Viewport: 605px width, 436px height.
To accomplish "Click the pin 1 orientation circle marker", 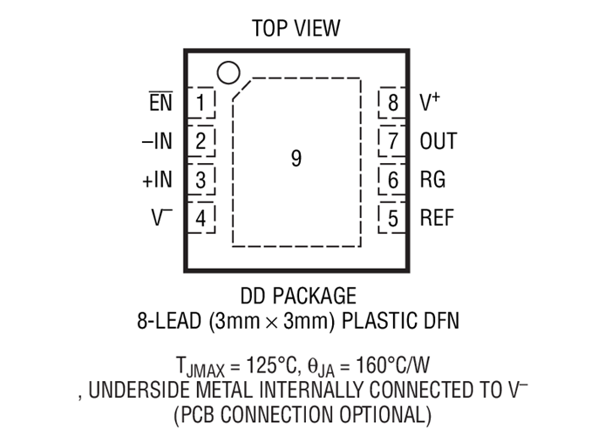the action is tap(228, 72).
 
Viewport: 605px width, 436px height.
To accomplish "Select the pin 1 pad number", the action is tap(201, 103).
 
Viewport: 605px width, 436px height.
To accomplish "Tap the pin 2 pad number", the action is tap(201, 141).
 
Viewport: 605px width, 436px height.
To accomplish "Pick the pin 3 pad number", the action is tap(201, 180).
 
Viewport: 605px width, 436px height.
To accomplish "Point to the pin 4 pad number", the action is tap(201, 218).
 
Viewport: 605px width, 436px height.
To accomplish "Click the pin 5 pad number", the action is tap(393, 218).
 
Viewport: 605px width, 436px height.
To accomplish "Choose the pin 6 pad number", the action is tap(393, 180).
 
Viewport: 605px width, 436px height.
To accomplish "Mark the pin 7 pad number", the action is tap(393, 141).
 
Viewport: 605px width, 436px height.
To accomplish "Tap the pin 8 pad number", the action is tap(393, 103).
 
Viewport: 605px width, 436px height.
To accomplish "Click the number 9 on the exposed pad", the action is tap(296, 158).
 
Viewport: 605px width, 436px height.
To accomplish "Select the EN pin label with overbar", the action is tap(161, 101).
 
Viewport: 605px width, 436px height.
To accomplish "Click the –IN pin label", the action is tap(157, 141).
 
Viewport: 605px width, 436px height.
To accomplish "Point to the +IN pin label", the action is tap(158, 180).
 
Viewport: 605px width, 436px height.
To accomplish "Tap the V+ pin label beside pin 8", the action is tap(430, 102).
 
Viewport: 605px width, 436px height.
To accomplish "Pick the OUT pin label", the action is tap(438, 141).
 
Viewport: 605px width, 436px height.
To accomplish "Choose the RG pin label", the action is tap(432, 180).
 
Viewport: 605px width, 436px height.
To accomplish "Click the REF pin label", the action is tap(437, 218).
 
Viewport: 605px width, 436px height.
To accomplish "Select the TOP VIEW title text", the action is tap(296, 28).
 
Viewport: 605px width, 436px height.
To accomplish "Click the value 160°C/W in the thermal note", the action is tap(392, 364).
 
